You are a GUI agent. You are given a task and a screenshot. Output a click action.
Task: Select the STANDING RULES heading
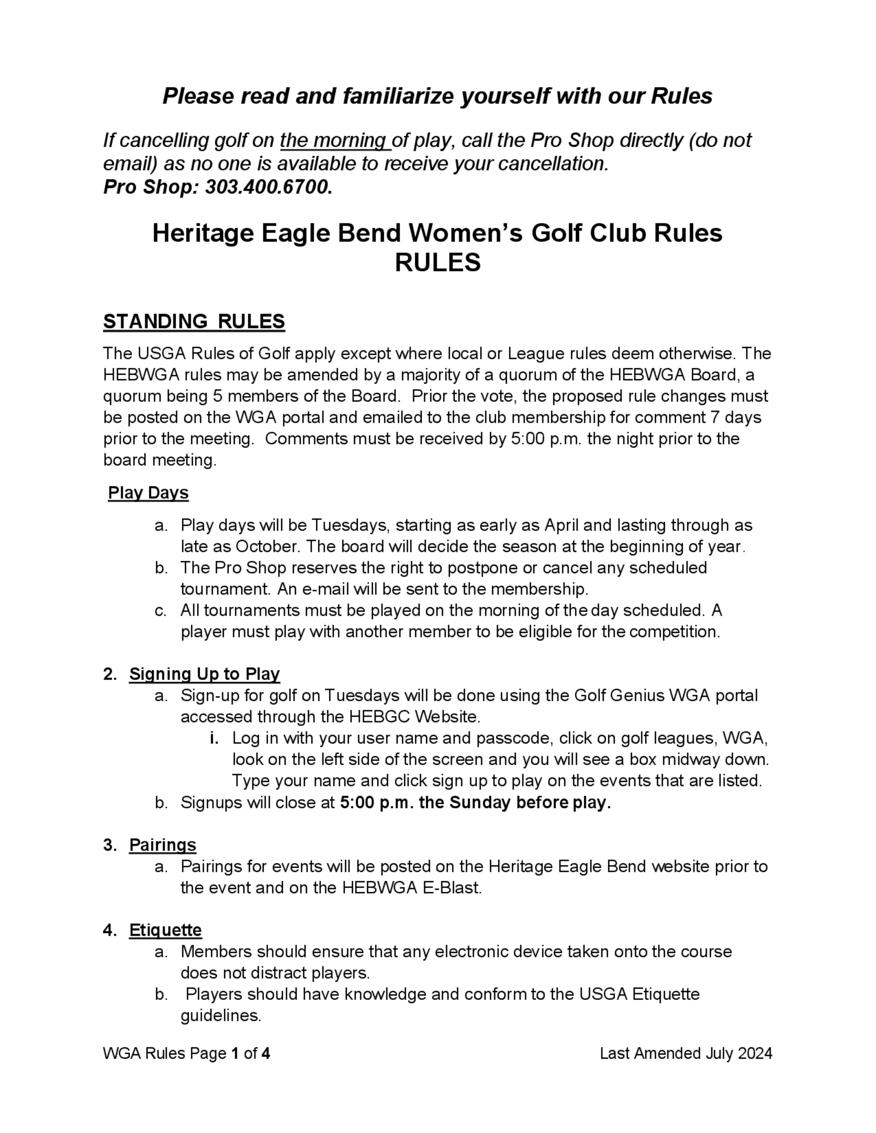point(194,322)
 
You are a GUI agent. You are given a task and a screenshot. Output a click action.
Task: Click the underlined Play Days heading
point(148,493)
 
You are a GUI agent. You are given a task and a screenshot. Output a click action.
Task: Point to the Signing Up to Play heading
point(205,674)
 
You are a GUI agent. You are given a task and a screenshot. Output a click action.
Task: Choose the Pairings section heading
point(162,845)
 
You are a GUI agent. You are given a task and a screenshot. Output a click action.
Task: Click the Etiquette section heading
point(165,930)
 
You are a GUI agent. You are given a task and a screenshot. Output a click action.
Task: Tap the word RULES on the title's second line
point(438,263)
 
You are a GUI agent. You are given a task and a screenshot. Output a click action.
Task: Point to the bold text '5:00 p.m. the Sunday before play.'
point(475,802)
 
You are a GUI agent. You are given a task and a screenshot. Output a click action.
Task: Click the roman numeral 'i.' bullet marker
point(214,738)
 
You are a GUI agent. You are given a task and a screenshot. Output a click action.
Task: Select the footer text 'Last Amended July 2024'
point(685,1054)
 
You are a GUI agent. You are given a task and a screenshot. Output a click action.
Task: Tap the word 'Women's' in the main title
point(466,233)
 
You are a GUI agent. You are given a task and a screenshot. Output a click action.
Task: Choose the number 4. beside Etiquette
point(109,930)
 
